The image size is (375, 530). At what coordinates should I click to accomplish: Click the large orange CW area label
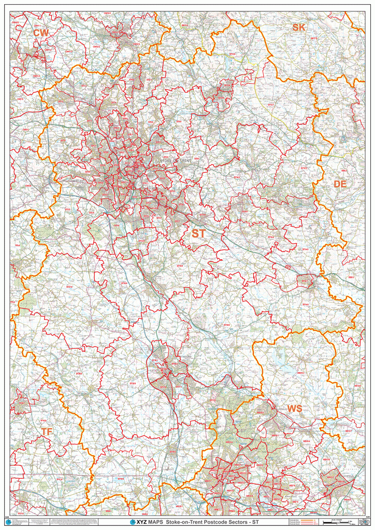pos(41,33)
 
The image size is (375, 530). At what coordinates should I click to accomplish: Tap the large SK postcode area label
pos(299,27)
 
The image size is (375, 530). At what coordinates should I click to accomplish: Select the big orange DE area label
pos(340,184)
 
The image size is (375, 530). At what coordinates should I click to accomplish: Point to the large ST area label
pos(198,234)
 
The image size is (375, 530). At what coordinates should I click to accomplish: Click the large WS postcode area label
pos(295,409)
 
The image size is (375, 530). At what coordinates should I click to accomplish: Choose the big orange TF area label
pos(47,431)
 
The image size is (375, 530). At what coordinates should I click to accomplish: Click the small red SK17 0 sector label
pos(313,38)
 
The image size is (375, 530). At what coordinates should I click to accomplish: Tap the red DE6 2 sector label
pos(344,170)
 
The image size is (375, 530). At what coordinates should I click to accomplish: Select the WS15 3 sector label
pos(300,372)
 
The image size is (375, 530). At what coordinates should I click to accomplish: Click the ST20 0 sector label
pos(79,373)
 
